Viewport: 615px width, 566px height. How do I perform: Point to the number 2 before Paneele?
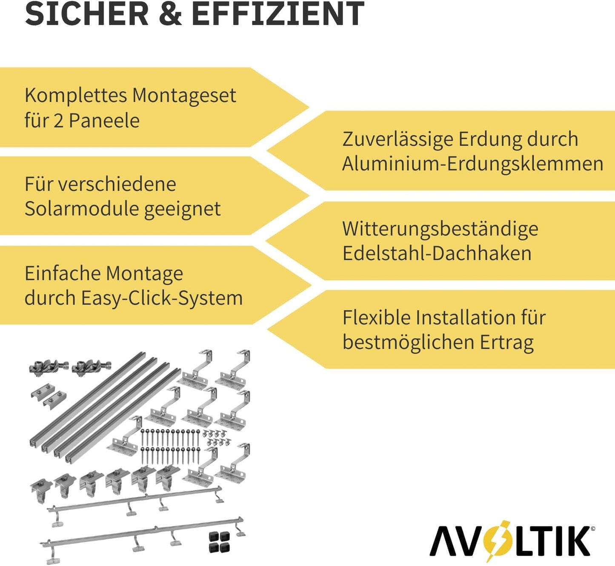[58, 121]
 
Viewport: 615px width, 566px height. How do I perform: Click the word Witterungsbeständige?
[440, 229]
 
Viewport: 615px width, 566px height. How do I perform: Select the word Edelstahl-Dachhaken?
[437, 253]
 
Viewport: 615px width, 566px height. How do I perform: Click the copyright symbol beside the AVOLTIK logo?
[593, 529]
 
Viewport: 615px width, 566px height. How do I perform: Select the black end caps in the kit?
[219, 542]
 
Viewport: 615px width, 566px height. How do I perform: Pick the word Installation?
[459, 318]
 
